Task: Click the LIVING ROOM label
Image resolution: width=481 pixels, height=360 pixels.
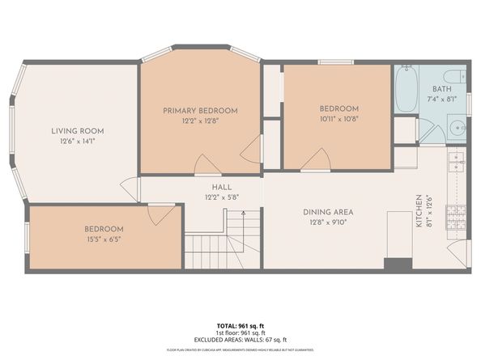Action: pos(78,130)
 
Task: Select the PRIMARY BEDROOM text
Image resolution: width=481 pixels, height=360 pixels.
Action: pos(200,110)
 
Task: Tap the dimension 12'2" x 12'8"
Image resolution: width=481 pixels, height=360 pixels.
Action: pos(200,121)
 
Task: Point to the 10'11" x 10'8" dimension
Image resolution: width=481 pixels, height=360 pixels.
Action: pos(338,119)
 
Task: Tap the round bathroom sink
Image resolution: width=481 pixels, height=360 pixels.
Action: pos(455,128)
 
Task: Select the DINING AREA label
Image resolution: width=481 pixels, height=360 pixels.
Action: pos(328,212)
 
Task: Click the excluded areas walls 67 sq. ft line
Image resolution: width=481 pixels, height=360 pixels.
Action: pos(240,340)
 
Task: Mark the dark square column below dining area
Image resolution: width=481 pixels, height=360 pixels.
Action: pos(397,265)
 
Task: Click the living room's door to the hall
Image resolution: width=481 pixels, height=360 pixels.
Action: pos(130,189)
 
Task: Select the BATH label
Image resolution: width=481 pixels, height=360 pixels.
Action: pos(441,89)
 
